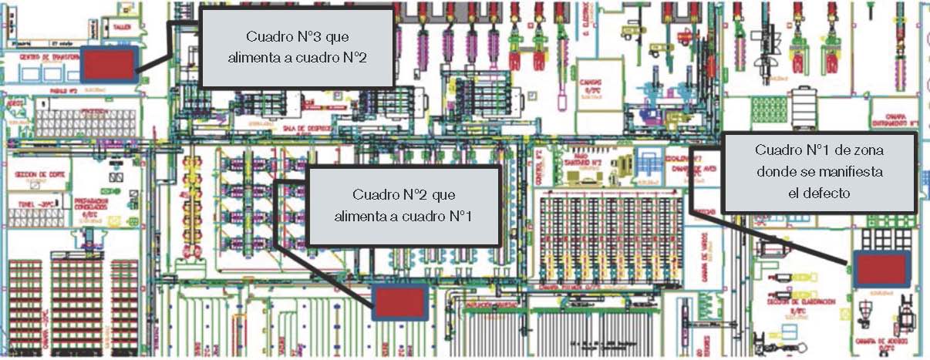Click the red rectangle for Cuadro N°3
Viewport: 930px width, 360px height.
click(107, 64)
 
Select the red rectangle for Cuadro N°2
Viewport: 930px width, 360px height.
click(399, 302)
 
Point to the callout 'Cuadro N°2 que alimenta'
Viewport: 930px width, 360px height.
click(403, 206)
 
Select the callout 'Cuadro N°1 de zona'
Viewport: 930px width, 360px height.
click(819, 171)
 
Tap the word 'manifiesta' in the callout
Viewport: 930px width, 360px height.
click(848, 171)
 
